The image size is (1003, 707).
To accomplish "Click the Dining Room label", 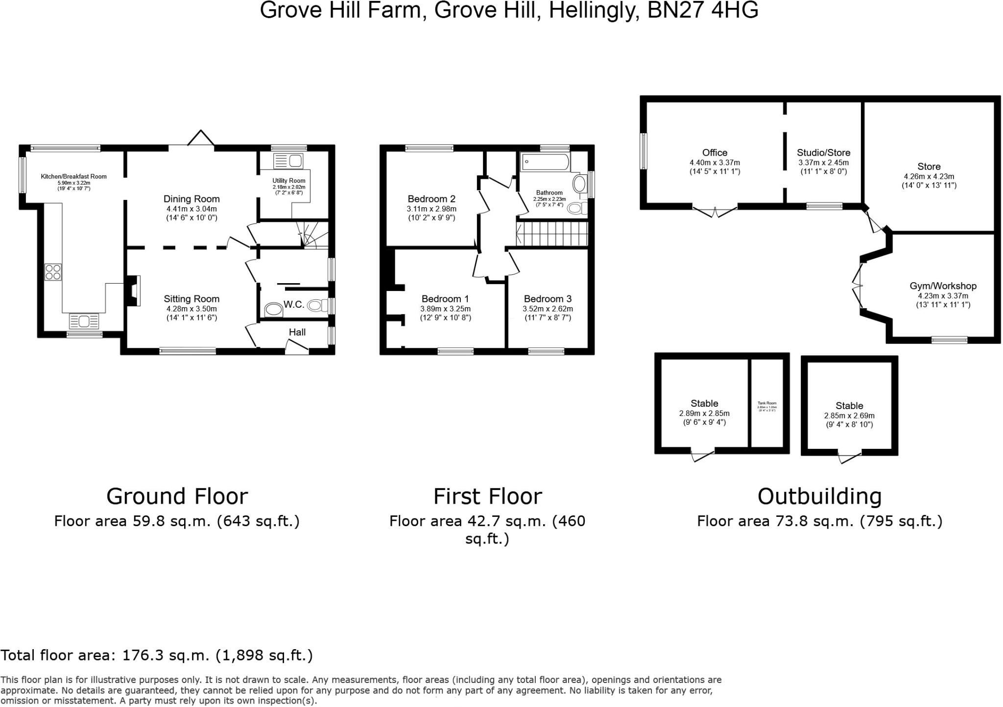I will point(191,199).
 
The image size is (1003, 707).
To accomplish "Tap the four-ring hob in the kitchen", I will point(53,272).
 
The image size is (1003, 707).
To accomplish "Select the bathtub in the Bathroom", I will point(545,161).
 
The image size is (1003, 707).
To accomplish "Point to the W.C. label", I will point(294,305).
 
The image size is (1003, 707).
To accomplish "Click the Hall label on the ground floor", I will point(297,332).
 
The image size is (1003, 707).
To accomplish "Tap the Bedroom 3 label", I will point(548,299).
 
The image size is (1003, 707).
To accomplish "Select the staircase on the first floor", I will point(552,234).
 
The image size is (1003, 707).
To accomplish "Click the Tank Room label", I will point(767,403).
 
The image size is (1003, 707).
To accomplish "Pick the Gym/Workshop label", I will point(943,286).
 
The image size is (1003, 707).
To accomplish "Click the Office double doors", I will point(715,212).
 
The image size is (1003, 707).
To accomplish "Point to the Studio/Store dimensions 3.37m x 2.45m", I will point(823,163).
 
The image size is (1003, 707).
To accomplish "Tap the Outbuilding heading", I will point(819,496).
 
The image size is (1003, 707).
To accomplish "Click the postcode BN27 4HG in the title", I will point(703,11).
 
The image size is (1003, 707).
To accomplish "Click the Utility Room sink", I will point(288,161).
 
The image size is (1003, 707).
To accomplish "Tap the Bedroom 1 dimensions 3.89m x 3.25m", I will point(445,309).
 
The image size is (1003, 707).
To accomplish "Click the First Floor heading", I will point(487,496).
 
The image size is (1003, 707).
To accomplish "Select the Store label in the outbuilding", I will point(929,167).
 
